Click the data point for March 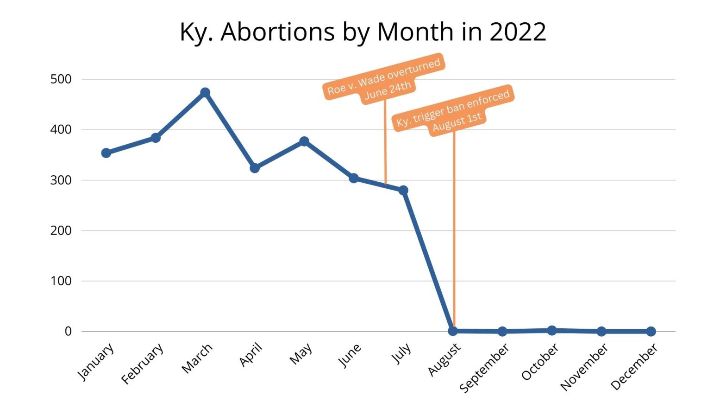pyautogui.click(x=205, y=92)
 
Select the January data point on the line pyautogui.click(x=106, y=153)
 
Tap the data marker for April pyautogui.click(x=255, y=168)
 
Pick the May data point pyautogui.click(x=304, y=141)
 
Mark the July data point pyautogui.click(x=403, y=190)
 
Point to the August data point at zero pyautogui.click(x=453, y=331)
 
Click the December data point pyautogui.click(x=651, y=331)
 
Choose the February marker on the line pyautogui.click(x=156, y=138)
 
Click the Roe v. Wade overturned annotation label pyautogui.click(x=383, y=79)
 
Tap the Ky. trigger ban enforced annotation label pyautogui.click(x=453, y=111)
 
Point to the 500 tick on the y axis pyautogui.click(x=61, y=79)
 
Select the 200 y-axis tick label pyautogui.click(x=61, y=230)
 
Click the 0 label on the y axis pyautogui.click(x=68, y=331)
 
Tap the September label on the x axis pyautogui.click(x=485, y=367)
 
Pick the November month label pyautogui.click(x=584, y=367)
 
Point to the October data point pyautogui.click(x=552, y=330)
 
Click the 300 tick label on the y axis pyautogui.click(x=61, y=180)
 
